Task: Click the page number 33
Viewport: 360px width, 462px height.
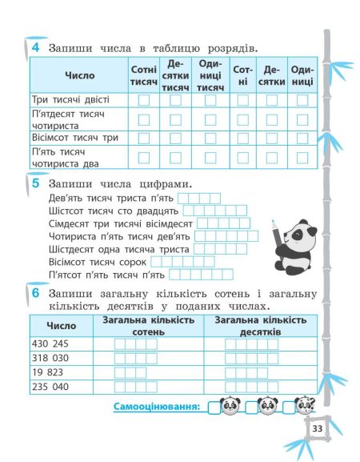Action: coord(317,429)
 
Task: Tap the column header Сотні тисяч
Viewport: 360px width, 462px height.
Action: coord(142,76)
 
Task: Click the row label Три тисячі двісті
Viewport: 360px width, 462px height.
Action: coord(69,100)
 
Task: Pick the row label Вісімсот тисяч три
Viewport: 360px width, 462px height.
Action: coord(74,138)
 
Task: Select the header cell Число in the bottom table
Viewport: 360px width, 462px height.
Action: coord(62,325)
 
